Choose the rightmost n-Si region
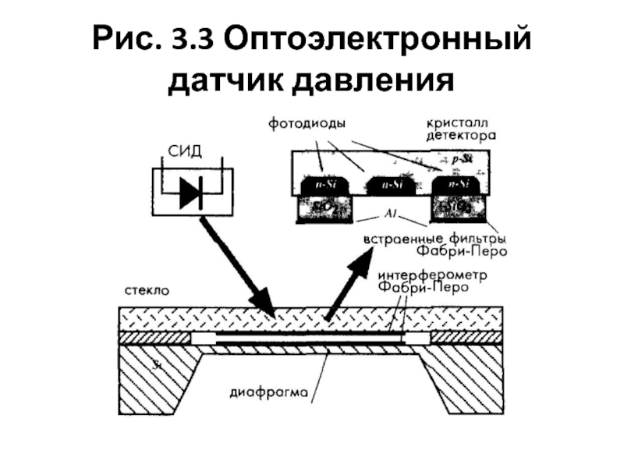pyautogui.click(x=455, y=186)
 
